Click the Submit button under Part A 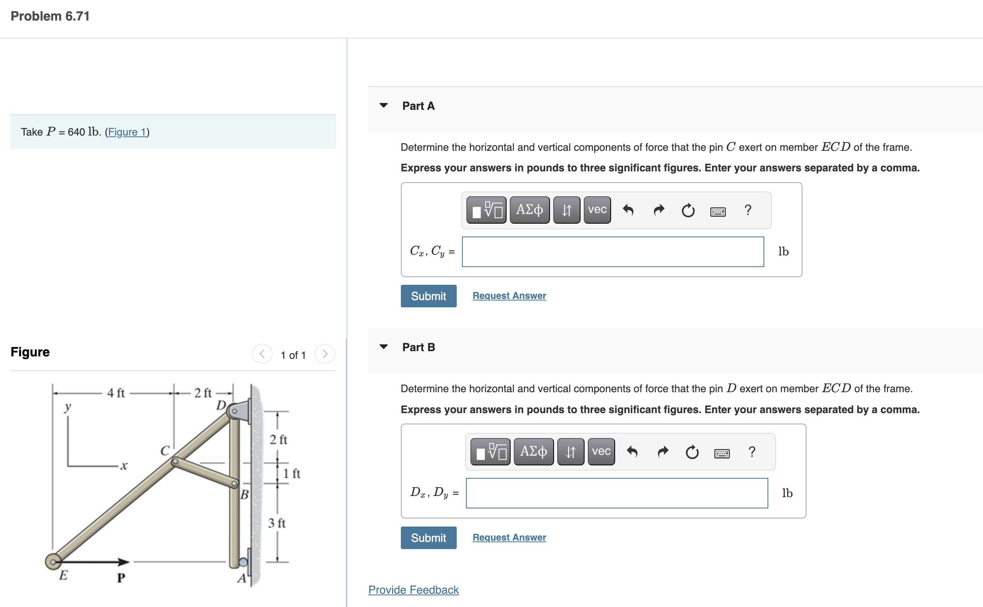[x=428, y=296]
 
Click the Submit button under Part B [x=428, y=538]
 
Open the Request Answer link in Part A [x=509, y=296]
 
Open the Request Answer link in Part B [x=509, y=537]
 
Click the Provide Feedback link [x=413, y=590]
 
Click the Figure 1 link [x=127, y=132]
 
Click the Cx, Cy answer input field [x=612, y=252]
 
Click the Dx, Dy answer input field [x=616, y=493]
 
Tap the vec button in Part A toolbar [x=597, y=210]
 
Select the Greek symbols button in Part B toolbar [x=534, y=451]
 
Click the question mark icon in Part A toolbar [x=747, y=210]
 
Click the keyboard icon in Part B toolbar [x=722, y=453]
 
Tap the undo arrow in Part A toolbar [x=628, y=210]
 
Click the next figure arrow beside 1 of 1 [x=325, y=354]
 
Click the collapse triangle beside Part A [x=384, y=105]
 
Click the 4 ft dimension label [x=116, y=393]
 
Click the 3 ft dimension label [x=277, y=523]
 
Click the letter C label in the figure [x=165, y=451]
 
